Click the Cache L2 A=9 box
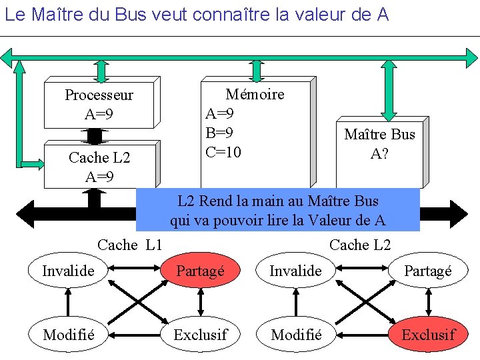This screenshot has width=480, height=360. click(x=99, y=167)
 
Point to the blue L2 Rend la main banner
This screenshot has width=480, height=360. click(x=277, y=210)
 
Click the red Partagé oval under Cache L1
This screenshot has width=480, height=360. click(x=200, y=270)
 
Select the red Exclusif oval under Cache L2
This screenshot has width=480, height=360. click(x=428, y=334)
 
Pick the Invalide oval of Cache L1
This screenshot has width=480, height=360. click(x=68, y=270)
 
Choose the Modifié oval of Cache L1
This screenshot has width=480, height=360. click(x=68, y=334)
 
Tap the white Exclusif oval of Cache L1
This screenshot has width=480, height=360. click(x=200, y=334)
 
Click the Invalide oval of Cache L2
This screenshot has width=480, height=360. click(x=295, y=270)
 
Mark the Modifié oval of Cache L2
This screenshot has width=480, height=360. click(x=297, y=334)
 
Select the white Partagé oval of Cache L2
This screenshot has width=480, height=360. click(x=428, y=270)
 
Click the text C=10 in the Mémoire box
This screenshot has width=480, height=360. click(x=223, y=152)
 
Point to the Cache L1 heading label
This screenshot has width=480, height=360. click(x=129, y=245)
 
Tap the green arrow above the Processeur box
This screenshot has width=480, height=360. click(x=101, y=70)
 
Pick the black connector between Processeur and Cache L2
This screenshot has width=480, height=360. click(x=95, y=135)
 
